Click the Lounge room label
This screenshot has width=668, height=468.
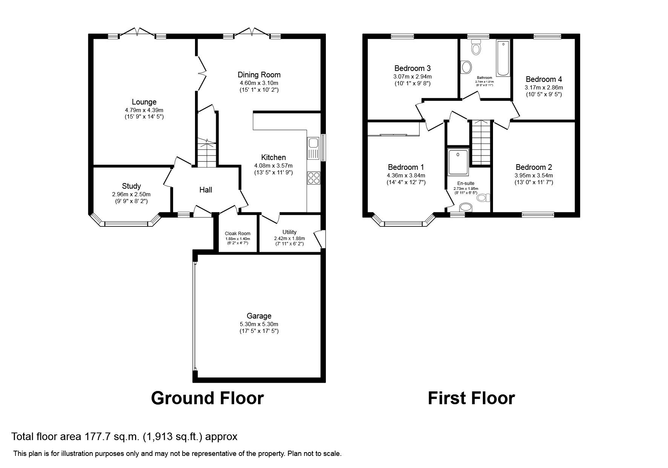(x=144, y=102)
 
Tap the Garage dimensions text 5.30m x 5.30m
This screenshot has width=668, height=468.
(x=259, y=324)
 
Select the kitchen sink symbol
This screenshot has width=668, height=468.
(x=313, y=143)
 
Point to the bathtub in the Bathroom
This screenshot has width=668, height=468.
(x=503, y=58)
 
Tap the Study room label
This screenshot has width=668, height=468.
(x=131, y=186)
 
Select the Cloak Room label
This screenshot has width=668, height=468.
(x=238, y=234)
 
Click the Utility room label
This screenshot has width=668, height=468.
(x=289, y=232)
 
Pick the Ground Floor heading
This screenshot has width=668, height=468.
(x=207, y=398)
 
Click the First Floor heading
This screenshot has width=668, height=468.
(x=471, y=398)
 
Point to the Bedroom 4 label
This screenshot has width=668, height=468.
(x=544, y=79)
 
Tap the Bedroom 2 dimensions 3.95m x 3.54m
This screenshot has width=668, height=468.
(x=534, y=175)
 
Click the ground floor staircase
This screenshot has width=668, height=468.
(x=206, y=153)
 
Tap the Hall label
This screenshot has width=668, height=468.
(x=206, y=190)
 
